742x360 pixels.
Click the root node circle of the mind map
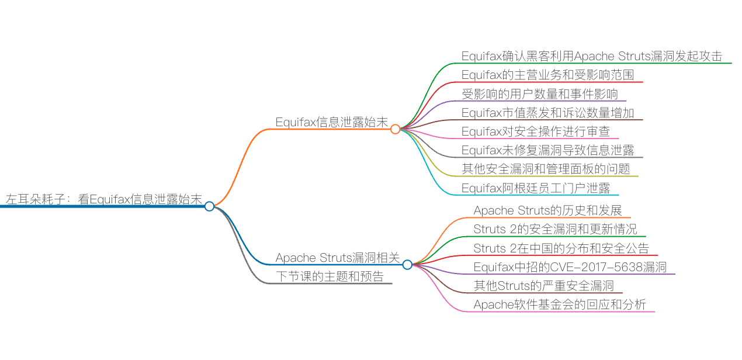pyautogui.click(x=209, y=206)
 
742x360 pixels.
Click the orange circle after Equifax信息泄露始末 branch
pyautogui.click(x=396, y=129)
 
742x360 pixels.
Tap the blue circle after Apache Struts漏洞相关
pyautogui.click(x=407, y=265)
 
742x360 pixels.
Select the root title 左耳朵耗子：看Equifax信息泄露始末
pyautogui.click(x=104, y=199)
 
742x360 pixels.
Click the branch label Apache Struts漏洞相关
pyautogui.click(x=338, y=258)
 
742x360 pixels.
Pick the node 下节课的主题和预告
pyautogui.click(x=330, y=276)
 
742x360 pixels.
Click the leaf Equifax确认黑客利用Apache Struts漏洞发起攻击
pyautogui.click(x=592, y=56)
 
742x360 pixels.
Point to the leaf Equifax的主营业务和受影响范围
pyautogui.click(x=547, y=75)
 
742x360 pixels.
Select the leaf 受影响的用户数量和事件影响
pyautogui.click(x=539, y=94)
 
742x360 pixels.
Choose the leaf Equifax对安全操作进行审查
pyautogui.click(x=535, y=131)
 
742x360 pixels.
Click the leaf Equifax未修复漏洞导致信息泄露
pyautogui.click(x=547, y=150)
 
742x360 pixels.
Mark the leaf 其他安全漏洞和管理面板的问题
pyautogui.click(x=546, y=169)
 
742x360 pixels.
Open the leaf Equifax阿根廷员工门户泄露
pyautogui.click(x=535, y=188)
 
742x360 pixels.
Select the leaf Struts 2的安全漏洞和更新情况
pyautogui.click(x=555, y=229)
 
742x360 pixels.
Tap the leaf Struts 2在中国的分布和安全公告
pyautogui.click(x=561, y=248)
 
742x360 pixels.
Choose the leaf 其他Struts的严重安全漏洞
pyautogui.click(x=543, y=286)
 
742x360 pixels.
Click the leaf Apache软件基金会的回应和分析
pyautogui.click(x=560, y=304)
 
